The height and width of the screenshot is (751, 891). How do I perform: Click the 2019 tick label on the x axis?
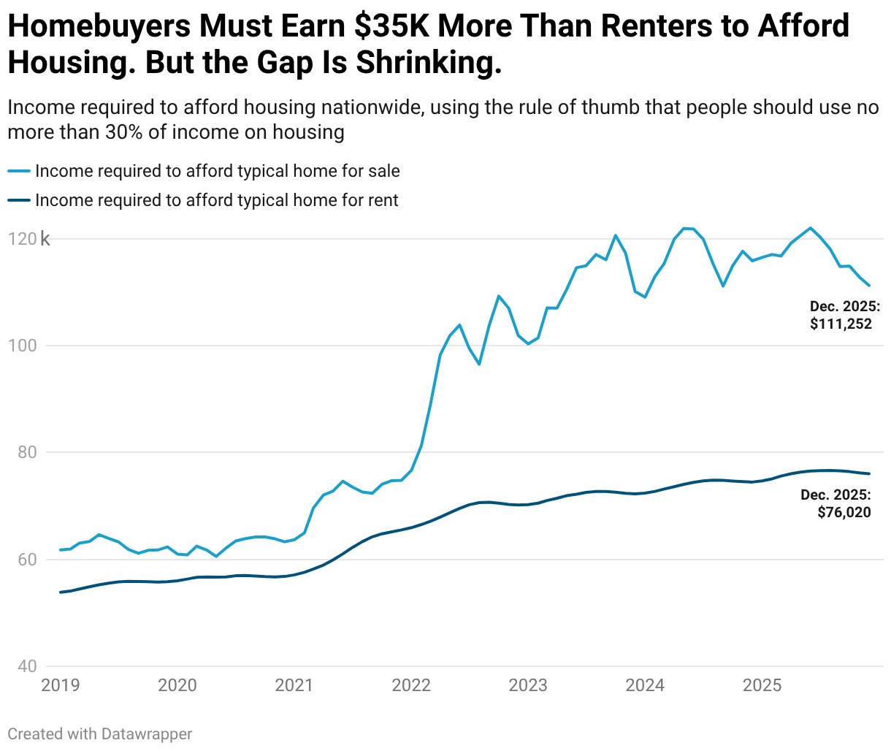pos(61,685)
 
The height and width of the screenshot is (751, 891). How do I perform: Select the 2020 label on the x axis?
pos(177,685)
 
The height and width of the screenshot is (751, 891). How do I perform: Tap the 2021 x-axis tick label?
pos(294,685)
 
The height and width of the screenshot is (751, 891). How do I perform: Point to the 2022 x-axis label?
pos(411,685)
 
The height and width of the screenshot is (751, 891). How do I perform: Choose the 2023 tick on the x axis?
pos(528,685)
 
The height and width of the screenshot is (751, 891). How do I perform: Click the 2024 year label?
pos(645,685)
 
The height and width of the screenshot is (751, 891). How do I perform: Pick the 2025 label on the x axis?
pos(762,685)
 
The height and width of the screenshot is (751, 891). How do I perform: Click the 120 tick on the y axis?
pos(22,239)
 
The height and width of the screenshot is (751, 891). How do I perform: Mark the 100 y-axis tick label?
pos(22,346)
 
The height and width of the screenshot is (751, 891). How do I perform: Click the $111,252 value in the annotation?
pos(841,324)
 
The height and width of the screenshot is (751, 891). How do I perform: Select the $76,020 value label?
pos(844,512)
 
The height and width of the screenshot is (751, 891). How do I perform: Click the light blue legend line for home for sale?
pos(19,171)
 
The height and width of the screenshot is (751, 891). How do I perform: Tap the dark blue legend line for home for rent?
pos(19,200)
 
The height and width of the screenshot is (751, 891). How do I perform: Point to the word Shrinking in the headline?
pos(429,64)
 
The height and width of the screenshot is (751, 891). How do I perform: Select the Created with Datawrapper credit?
pos(100,733)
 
